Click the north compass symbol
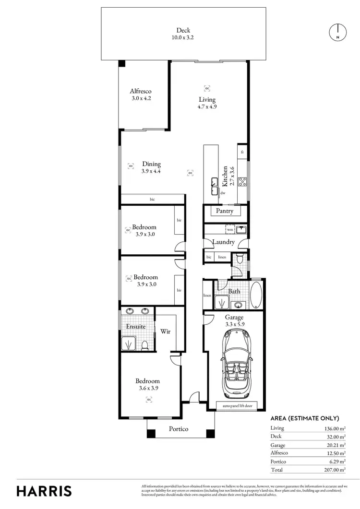337,32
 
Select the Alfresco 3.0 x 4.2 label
142,95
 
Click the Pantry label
225,211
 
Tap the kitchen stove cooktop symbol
243,182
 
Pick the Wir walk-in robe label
166,331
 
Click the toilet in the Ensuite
144,344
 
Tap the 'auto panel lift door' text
237,406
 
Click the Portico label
178,428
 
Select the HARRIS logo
44,491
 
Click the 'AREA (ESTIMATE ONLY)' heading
305,418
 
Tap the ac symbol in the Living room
207,88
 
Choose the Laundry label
224,242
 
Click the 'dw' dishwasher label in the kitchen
223,193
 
